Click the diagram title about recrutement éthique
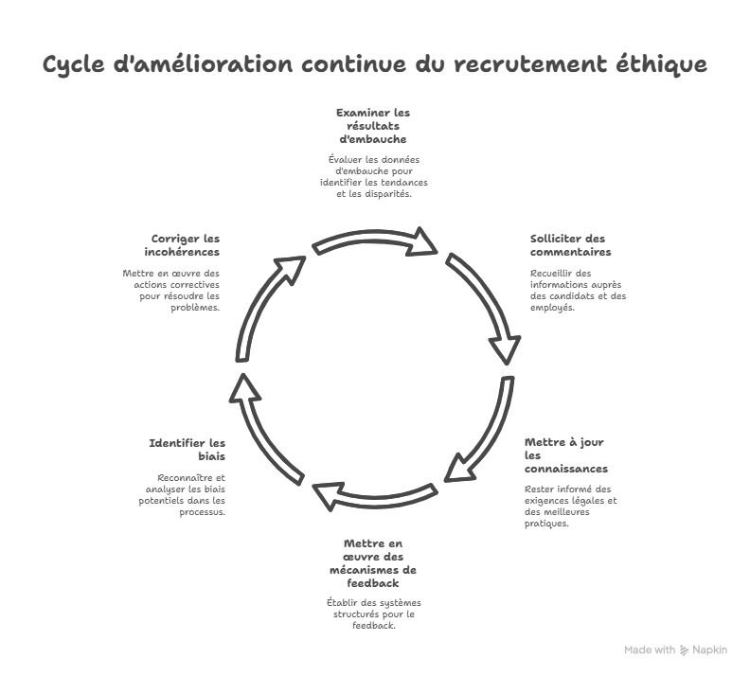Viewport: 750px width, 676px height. [375, 65]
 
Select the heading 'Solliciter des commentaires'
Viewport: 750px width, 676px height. [570, 245]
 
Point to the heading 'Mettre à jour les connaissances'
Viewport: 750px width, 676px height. [565, 455]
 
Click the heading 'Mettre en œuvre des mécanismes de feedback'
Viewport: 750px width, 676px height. [373, 563]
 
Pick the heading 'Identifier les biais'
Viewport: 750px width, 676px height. [187, 450]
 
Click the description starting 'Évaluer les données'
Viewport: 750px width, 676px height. [373, 176]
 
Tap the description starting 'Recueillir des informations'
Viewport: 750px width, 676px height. [578, 291]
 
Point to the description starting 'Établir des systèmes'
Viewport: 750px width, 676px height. [373, 614]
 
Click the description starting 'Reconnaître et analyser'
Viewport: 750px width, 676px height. [186, 494]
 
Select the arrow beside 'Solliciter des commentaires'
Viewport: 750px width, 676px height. [484, 303]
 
